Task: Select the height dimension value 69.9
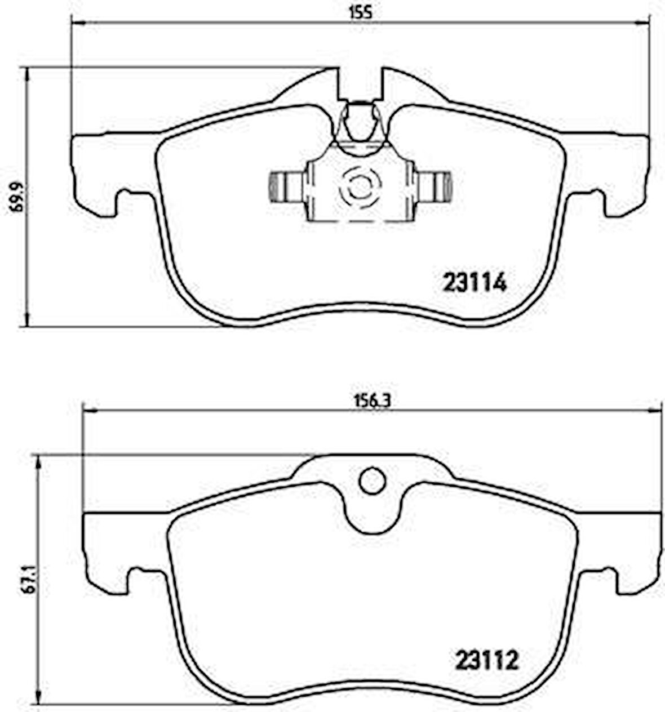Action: pyautogui.click(x=15, y=197)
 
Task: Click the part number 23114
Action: pyautogui.click(x=475, y=282)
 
